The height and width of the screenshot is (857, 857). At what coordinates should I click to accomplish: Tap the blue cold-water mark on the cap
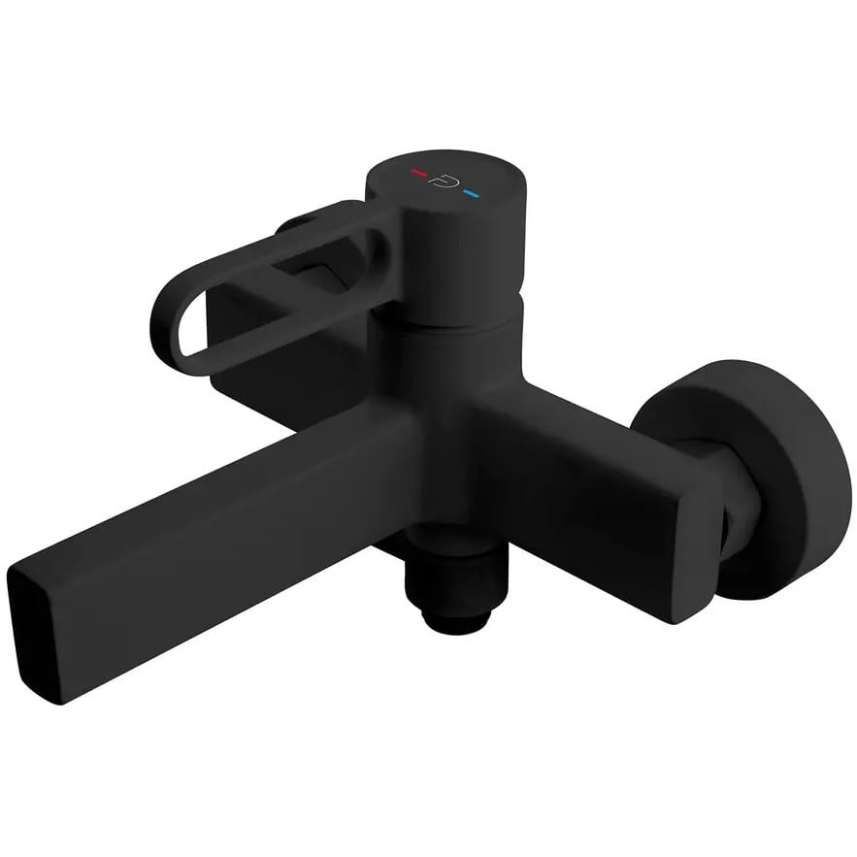(473, 193)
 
